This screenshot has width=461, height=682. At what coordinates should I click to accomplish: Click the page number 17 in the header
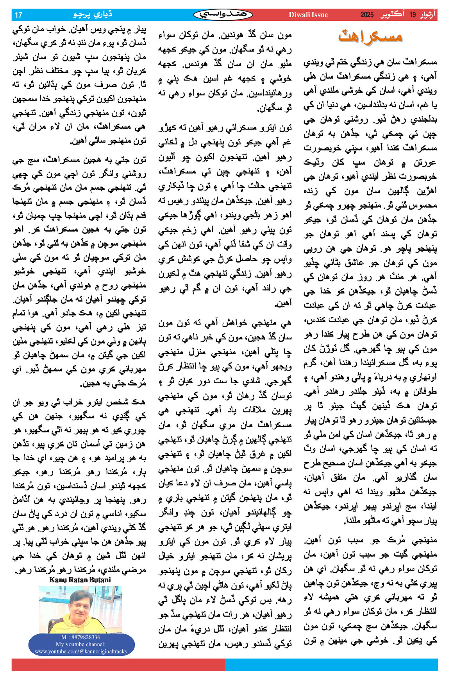click(18, 15)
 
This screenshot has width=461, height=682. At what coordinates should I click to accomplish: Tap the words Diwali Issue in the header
click(308, 15)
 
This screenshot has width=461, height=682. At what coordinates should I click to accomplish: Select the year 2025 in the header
click(367, 15)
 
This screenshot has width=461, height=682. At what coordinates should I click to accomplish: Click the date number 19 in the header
click(413, 15)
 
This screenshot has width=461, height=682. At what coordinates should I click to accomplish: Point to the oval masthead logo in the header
click(223, 15)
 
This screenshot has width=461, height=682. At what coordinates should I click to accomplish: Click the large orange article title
click(370, 36)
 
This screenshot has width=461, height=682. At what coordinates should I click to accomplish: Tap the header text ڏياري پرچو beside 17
click(93, 15)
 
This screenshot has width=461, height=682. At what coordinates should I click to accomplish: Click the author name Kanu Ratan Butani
click(80, 580)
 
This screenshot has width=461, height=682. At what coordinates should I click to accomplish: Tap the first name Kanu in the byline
click(57, 580)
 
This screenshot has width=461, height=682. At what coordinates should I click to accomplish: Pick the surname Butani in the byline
click(98, 580)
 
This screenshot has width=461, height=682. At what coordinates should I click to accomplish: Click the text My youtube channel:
click(80, 644)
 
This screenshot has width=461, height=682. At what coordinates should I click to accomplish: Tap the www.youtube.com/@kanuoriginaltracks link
click(80, 651)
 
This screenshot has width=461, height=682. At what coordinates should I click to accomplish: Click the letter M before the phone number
click(64, 637)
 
